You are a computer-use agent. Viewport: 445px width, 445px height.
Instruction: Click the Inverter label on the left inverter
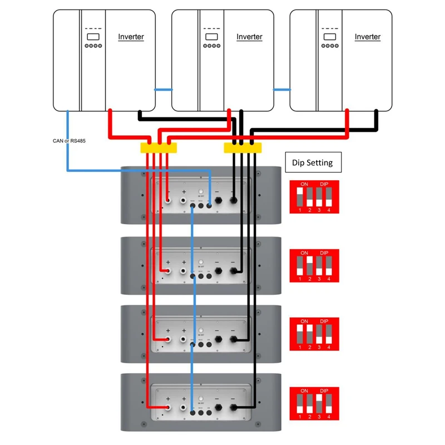(x=131, y=37)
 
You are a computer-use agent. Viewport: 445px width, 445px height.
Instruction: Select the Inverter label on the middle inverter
(x=249, y=37)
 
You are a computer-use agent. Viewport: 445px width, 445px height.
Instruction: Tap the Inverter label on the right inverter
(x=368, y=37)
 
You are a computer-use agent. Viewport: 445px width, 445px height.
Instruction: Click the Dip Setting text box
(x=312, y=162)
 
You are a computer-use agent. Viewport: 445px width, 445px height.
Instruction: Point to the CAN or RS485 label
(x=66, y=141)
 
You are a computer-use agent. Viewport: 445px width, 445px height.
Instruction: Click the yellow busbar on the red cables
(x=158, y=147)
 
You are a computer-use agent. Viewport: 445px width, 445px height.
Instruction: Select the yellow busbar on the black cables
(x=242, y=147)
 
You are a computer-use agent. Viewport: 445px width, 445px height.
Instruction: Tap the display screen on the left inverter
(x=92, y=37)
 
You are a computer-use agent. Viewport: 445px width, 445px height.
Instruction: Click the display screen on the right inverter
(x=329, y=37)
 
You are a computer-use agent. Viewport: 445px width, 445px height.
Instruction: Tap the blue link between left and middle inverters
(x=164, y=89)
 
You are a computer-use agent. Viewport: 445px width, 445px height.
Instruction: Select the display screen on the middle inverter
(x=211, y=37)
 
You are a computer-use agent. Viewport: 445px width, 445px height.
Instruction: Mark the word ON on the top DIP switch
(x=304, y=184)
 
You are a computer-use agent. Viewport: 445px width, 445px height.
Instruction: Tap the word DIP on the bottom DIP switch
(x=324, y=391)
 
